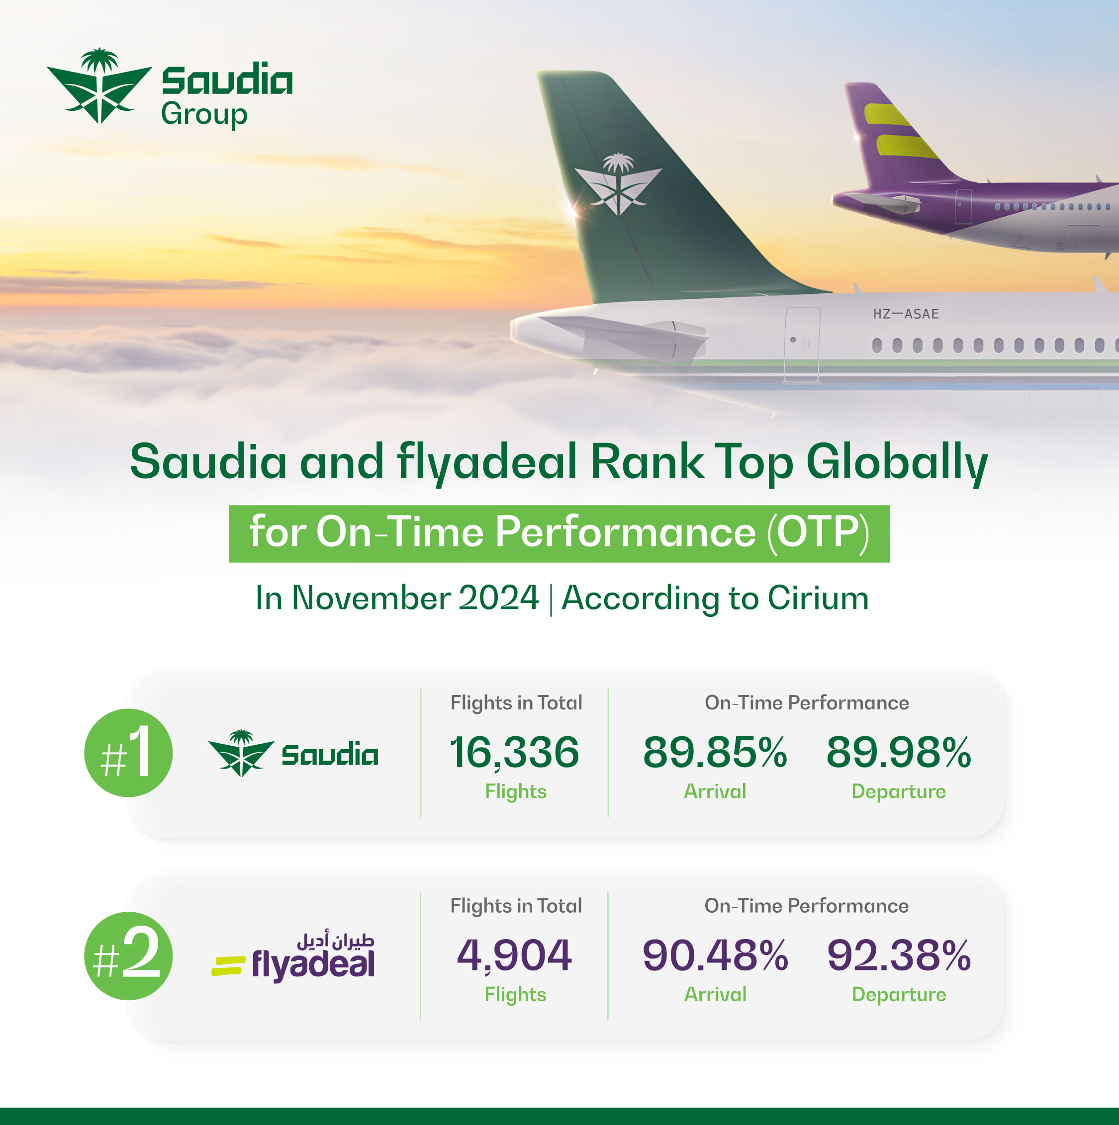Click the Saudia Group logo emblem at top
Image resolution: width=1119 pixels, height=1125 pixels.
pos(99,86)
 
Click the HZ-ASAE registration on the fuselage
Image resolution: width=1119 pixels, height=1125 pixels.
pos(905,314)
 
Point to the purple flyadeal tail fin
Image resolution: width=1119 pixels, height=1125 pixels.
pos(891,137)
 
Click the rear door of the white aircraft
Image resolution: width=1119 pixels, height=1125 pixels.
pos(802,345)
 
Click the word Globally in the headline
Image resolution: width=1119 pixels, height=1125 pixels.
pos(897,462)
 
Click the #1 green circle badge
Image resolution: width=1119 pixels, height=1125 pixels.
pos(128,752)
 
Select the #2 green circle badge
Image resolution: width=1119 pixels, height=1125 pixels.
pos(128,955)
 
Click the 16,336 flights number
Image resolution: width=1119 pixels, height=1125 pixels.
pos(514,752)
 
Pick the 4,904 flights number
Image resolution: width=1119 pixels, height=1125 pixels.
pos(514,955)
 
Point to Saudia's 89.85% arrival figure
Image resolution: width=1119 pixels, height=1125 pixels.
pos(715,752)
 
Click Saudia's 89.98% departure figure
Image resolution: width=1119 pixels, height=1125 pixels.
pos(898,752)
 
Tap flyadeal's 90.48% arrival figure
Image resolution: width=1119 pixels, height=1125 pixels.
pos(715,955)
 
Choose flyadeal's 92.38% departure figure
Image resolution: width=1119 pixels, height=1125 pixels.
pos(898,955)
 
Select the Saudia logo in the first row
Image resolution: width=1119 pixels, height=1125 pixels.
pos(293,753)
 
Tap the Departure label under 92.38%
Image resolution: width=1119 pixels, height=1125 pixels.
pos(899,994)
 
